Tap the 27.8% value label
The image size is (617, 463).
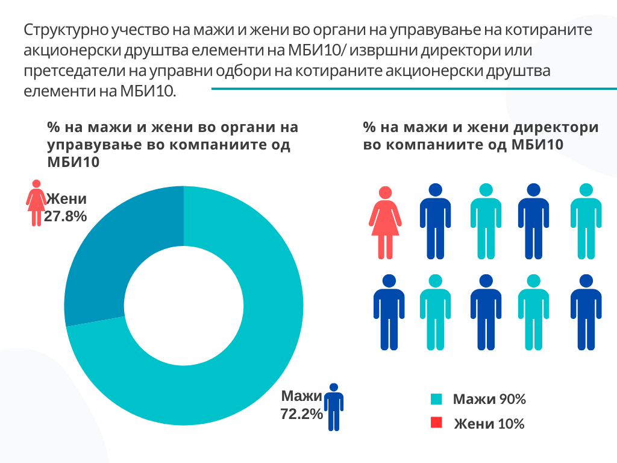pyautogui.click(x=66, y=216)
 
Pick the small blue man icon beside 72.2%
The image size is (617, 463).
pyautogui.click(x=333, y=407)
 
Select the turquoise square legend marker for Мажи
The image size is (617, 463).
pyautogui.click(x=437, y=399)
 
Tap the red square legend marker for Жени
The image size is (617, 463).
pyautogui.click(x=437, y=423)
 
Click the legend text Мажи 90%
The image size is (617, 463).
pyautogui.click(x=489, y=399)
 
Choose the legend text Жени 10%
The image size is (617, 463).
pyautogui.click(x=489, y=424)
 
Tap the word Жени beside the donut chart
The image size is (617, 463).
pyautogui.click(x=67, y=199)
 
